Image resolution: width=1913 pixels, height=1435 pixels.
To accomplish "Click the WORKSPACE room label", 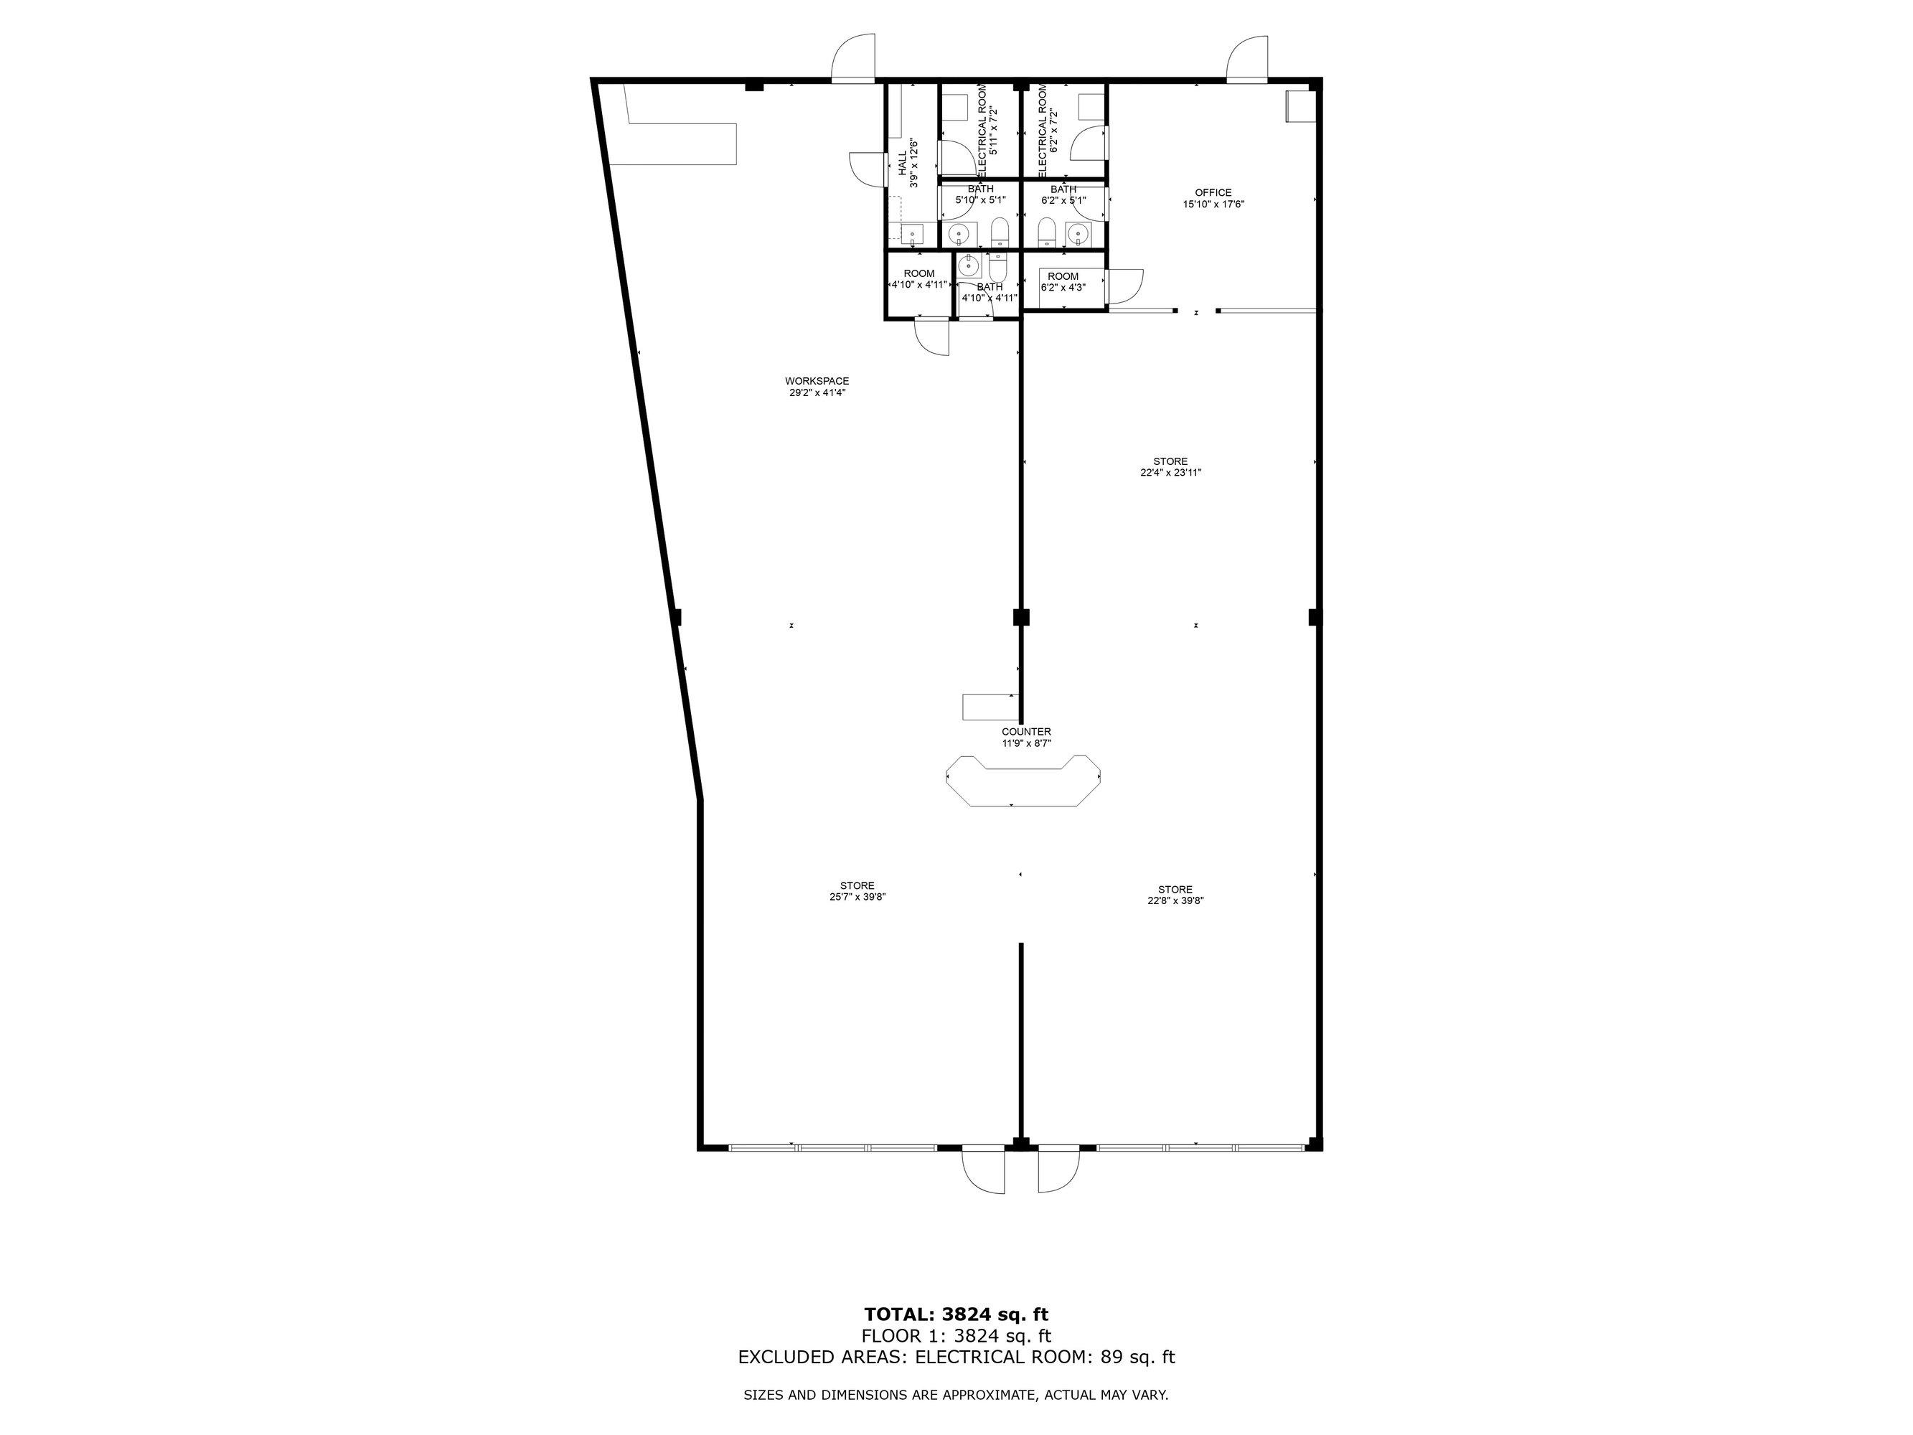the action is tap(817, 380).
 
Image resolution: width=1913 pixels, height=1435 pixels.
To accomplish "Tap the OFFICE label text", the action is tap(1213, 193).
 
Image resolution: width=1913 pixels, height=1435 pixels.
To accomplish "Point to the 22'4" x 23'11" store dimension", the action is tap(1170, 473).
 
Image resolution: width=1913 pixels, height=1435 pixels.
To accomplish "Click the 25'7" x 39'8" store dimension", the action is tap(857, 897).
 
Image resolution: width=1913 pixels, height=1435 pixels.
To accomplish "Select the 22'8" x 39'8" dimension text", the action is tap(1175, 900).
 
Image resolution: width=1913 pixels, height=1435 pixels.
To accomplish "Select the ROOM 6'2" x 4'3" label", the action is tap(1063, 282).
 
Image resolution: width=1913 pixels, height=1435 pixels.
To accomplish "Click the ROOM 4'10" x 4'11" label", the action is tap(918, 278).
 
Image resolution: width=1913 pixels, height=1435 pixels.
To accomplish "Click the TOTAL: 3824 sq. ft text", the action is tap(956, 1314).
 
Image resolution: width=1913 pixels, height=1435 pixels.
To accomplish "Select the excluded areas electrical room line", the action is tap(956, 1358).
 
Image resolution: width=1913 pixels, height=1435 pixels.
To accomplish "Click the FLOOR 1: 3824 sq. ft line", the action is tap(956, 1337).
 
